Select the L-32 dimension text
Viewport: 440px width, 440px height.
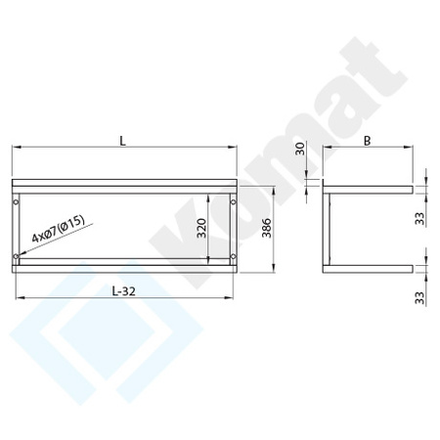[123, 290]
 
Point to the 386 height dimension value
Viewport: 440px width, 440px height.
[267, 231]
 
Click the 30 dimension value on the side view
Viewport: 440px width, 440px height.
[300, 148]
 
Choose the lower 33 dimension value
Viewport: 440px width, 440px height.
[419, 293]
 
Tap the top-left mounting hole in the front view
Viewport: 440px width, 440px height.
[16, 202]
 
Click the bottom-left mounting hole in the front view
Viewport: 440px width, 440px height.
[16, 257]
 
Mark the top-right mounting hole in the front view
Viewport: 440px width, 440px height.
[231, 202]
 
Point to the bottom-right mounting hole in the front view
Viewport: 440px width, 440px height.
[231, 257]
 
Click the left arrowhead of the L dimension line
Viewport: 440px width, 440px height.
[15, 148]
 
